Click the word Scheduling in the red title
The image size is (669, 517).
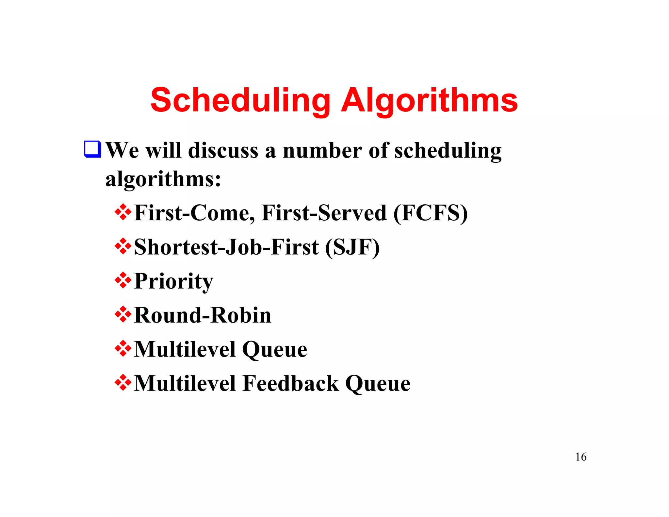240,101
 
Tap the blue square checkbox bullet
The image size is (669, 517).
92,149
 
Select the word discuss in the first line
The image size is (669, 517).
223,151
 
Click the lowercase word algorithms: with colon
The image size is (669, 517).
163,179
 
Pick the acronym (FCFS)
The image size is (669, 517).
430,213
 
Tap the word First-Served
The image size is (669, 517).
324,213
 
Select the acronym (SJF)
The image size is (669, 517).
352,247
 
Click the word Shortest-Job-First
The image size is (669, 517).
226,247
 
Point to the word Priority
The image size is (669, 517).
173,281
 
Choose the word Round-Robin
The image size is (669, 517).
203,315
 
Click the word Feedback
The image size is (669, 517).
291,383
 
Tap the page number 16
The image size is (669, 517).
581,457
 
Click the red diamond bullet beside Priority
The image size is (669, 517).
123,280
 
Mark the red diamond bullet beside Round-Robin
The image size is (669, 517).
123,314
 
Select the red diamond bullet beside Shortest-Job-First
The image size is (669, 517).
123,246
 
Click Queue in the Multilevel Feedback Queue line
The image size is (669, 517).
378,384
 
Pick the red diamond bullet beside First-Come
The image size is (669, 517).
123,212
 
